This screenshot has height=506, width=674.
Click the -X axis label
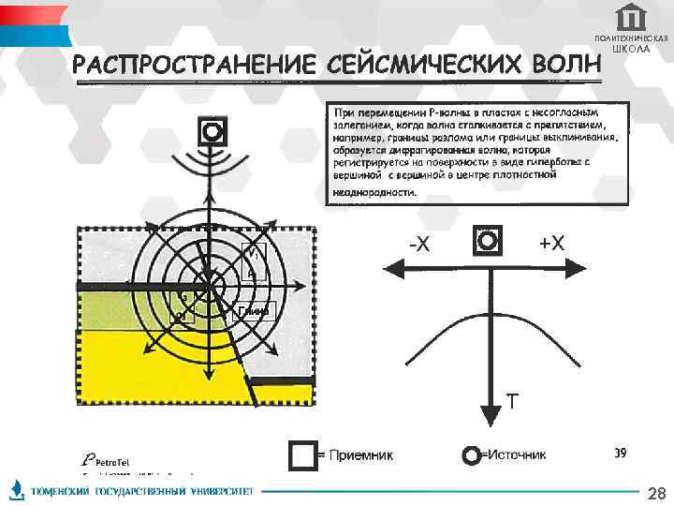point(419,245)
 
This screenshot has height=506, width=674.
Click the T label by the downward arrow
point(511,402)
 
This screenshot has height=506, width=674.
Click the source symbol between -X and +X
point(488,241)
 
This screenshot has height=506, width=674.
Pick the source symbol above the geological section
point(212,130)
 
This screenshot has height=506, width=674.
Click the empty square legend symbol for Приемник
point(302,455)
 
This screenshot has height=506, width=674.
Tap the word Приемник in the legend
point(360,456)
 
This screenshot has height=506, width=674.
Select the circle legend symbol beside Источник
point(473,455)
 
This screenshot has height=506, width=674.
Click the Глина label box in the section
point(254,311)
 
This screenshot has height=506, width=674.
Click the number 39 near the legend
point(620,454)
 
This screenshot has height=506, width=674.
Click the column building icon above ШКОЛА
point(631,17)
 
